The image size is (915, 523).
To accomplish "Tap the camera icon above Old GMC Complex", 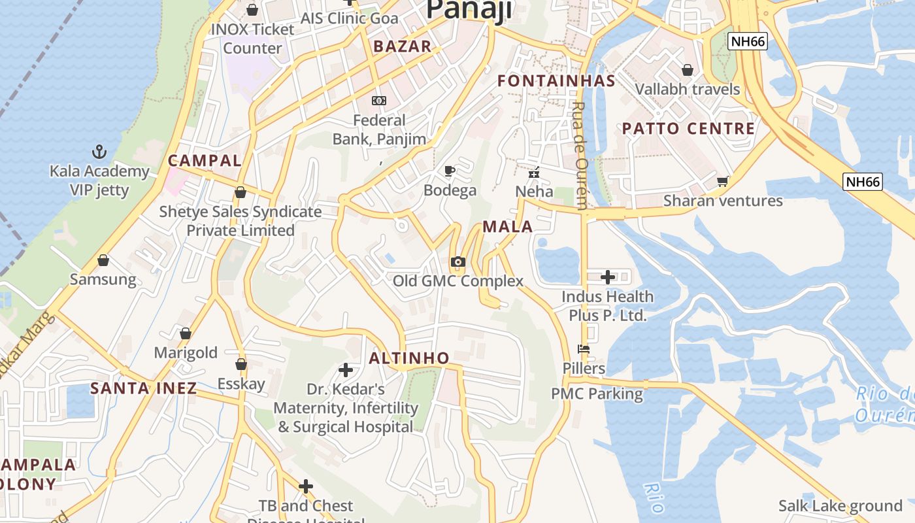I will pyautogui.click(x=458, y=262).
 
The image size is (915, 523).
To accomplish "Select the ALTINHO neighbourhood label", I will pyautogui.click(x=409, y=358).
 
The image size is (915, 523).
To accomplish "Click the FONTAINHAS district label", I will pyautogui.click(x=556, y=81).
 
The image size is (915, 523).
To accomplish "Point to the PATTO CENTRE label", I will pyautogui.click(x=688, y=129).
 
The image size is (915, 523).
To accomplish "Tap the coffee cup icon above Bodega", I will pyautogui.click(x=450, y=171).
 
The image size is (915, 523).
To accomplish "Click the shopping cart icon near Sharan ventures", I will pyautogui.click(x=722, y=181).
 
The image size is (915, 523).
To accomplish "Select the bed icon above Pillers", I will pyautogui.click(x=584, y=349).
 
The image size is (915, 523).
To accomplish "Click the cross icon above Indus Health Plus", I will pyautogui.click(x=608, y=277).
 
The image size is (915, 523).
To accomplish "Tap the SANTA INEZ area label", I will pyautogui.click(x=143, y=388).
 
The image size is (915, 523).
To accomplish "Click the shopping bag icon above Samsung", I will pyautogui.click(x=103, y=260).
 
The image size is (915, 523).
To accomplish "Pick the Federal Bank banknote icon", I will pyautogui.click(x=379, y=101).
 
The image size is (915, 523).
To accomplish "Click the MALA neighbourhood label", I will pyautogui.click(x=508, y=227).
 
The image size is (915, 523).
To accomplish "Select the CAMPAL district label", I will pyautogui.click(x=205, y=161).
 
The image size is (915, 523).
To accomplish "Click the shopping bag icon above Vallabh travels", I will pyautogui.click(x=688, y=69).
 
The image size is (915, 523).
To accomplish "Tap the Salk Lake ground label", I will pyautogui.click(x=840, y=506).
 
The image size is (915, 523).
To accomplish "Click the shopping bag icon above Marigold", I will pyautogui.click(x=186, y=333).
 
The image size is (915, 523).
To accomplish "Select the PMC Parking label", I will pyautogui.click(x=597, y=394).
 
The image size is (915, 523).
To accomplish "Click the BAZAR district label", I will pyautogui.click(x=402, y=46).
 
